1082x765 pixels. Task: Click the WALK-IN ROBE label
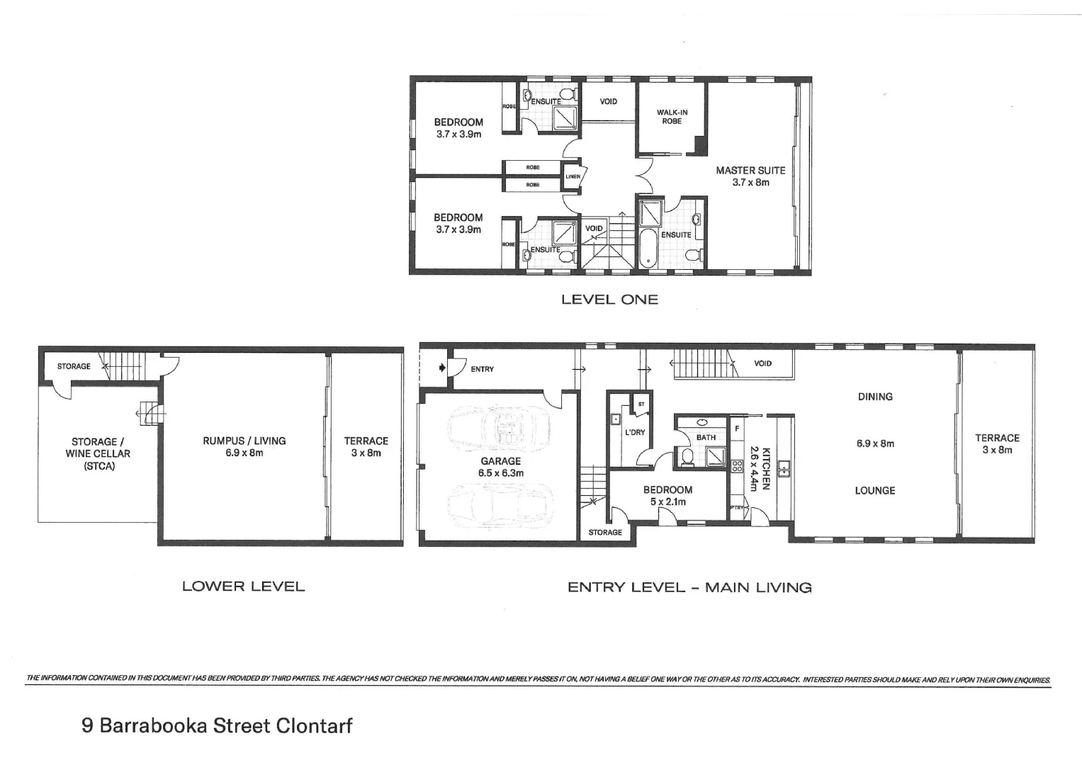coord(671,117)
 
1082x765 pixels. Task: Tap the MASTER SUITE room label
coord(750,171)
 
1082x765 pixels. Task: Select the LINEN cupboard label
coord(573,176)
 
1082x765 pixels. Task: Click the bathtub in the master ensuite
coord(648,247)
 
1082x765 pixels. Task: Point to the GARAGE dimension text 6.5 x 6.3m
coord(500,473)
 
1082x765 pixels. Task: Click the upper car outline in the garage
coord(499,429)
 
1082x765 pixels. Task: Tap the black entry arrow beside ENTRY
coord(442,368)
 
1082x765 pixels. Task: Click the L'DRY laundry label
coord(634,432)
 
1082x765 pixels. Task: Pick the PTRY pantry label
coord(736,507)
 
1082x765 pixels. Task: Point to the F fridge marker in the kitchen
coord(737,429)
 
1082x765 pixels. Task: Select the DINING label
coord(875,397)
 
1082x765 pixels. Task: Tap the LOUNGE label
coord(875,490)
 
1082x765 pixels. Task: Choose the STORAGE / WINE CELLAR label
coord(98,453)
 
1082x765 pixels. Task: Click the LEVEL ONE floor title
coord(609,300)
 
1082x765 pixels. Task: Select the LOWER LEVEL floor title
coord(243,586)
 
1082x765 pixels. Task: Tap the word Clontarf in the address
coord(314,726)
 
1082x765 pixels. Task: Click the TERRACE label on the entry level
coord(997,438)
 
